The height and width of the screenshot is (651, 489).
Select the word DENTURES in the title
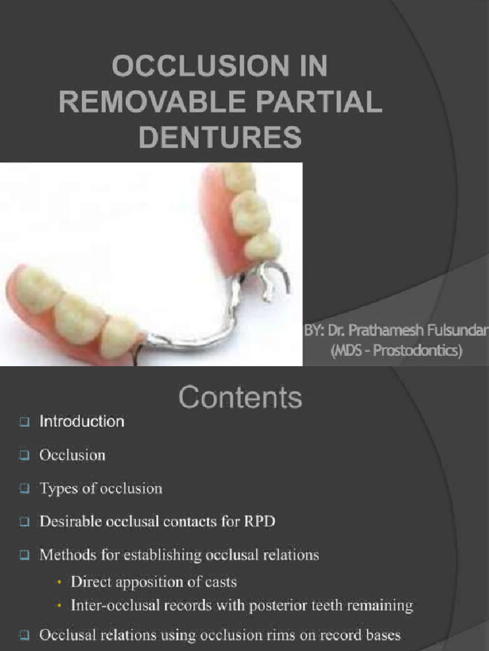pyautogui.click(x=220, y=137)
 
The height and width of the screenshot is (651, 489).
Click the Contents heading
pyautogui.click(x=240, y=398)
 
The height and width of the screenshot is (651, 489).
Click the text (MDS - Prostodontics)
pyautogui.click(x=396, y=351)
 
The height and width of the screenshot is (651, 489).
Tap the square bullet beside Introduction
pyautogui.click(x=24, y=421)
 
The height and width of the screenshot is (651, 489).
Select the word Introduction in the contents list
pyautogui.click(x=81, y=421)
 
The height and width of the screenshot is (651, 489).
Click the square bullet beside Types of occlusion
pyautogui.click(x=24, y=489)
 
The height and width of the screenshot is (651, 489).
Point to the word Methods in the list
pyautogui.click(x=64, y=555)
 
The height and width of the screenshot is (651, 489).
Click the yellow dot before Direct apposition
pyautogui.click(x=60, y=582)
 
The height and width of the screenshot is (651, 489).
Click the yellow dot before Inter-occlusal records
pyautogui.click(x=60, y=606)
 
